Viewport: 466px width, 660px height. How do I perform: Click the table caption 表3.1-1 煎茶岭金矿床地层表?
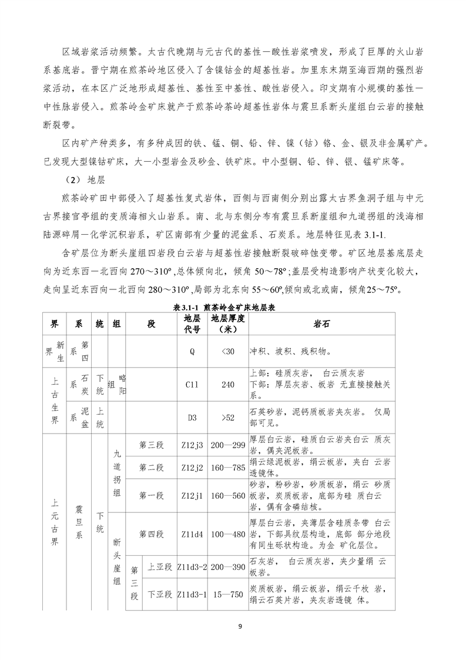(233, 308)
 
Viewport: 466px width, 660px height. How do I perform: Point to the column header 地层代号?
(192, 324)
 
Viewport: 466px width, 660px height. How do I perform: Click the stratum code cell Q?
(192, 351)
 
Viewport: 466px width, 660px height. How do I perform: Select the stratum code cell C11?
(192, 385)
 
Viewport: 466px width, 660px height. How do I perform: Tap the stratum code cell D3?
(192, 418)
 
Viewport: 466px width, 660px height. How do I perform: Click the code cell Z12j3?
(192, 445)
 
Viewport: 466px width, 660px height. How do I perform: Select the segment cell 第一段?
(152, 495)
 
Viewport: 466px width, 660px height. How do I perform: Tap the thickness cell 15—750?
(228, 594)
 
